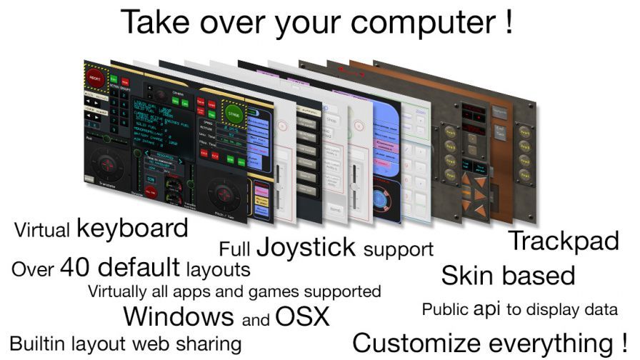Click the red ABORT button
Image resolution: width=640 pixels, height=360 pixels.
click(x=94, y=76)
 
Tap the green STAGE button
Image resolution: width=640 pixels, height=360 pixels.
click(x=233, y=113)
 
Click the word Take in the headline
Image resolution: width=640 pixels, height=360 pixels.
click(x=156, y=21)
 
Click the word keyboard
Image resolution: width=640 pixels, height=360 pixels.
click(x=132, y=229)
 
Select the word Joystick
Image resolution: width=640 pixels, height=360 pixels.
click(x=306, y=247)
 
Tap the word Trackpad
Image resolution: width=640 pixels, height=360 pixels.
click(x=563, y=241)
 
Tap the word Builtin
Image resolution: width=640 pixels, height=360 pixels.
click(x=37, y=343)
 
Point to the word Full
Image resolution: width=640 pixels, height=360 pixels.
click(x=234, y=249)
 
